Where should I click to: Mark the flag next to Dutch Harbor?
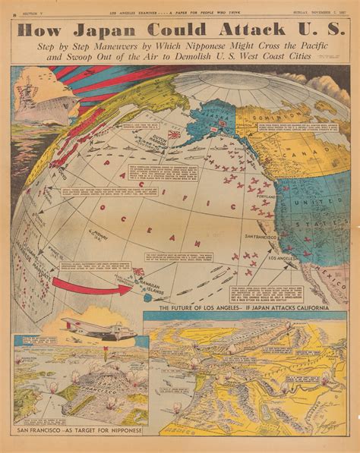pyautogui.click(x=175, y=135)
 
